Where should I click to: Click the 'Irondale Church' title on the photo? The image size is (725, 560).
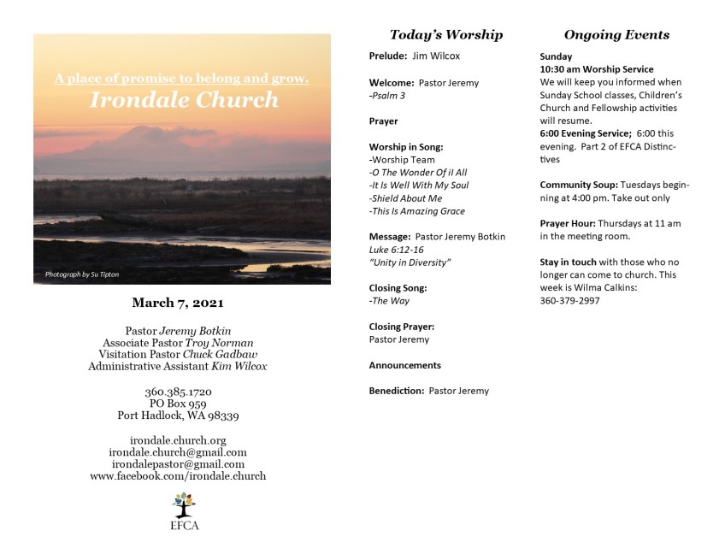point(184,100)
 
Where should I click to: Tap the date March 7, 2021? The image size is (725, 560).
point(178,303)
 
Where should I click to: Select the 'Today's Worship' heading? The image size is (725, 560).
point(445,35)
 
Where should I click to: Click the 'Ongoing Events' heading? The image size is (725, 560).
point(616,35)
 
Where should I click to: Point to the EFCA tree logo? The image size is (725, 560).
point(184,504)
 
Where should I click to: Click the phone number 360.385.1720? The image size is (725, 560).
point(178,392)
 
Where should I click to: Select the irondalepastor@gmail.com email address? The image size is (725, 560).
point(178,464)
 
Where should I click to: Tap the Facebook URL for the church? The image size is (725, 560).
point(178,476)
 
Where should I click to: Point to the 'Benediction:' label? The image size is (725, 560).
point(397,391)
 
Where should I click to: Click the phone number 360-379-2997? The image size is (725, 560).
point(569,301)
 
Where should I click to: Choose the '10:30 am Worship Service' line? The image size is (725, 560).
point(597,69)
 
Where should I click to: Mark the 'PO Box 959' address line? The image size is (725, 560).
point(178,404)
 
